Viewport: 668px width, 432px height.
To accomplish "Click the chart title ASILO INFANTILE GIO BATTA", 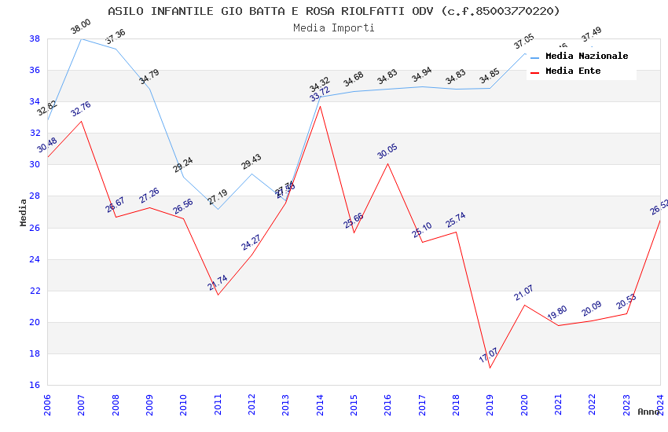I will tap(334, 11).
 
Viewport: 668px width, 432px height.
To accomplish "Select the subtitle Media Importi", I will tap(334, 27).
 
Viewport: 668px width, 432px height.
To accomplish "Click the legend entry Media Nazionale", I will tap(586, 57).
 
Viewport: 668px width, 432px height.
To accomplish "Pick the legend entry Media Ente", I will tap(573, 71).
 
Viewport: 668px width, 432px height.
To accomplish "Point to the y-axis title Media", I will tap(24, 212).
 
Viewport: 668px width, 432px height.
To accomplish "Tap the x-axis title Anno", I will tap(648, 412).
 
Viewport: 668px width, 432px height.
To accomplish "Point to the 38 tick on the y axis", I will tap(35, 38).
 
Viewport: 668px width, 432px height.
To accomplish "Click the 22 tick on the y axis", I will tap(35, 291).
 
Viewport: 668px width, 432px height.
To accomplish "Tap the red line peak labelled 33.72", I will tap(320, 106).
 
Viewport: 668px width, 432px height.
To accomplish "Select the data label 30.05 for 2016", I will tap(387, 152).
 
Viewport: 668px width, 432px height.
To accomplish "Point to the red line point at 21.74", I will tap(218, 295).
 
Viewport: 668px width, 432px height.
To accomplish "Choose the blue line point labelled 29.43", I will tap(251, 174).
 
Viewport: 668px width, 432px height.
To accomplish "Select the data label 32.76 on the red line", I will tap(81, 109).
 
